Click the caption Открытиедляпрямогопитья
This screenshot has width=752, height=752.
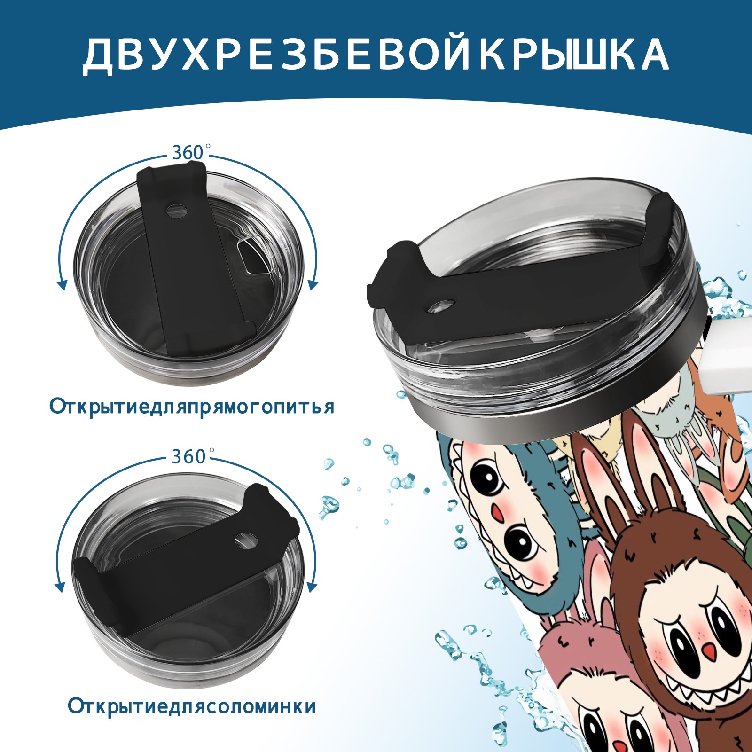tap(192, 407)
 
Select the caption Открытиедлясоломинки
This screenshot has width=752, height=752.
tap(192, 719)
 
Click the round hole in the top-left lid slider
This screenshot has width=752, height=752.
tap(177, 210)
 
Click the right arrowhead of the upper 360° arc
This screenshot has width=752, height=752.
tap(313, 285)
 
